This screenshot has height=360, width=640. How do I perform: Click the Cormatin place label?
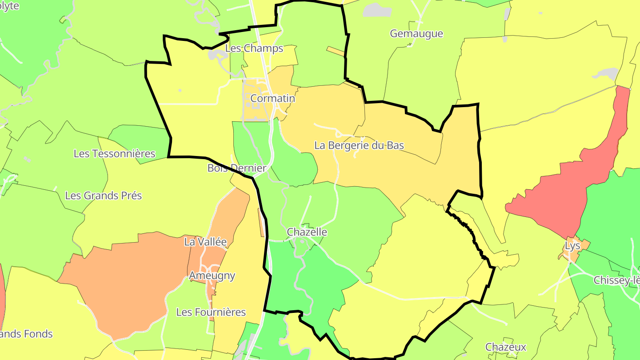pyautogui.click(x=272, y=98)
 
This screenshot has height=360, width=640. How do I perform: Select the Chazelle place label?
pyautogui.click(x=307, y=232)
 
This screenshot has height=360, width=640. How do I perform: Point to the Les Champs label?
pyautogui.click(x=254, y=48)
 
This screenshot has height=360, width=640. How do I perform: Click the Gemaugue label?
pyautogui.click(x=416, y=34)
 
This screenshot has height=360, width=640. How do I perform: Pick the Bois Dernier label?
pyautogui.click(x=237, y=168)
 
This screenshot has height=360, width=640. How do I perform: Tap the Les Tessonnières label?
pyautogui.click(x=114, y=154)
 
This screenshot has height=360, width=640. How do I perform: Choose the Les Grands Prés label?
pyautogui.click(x=103, y=196)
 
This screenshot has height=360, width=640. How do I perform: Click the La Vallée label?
pyautogui.click(x=205, y=242)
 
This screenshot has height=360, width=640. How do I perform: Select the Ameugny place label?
pyautogui.click(x=212, y=276)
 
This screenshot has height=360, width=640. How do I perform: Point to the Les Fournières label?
pyautogui.click(x=211, y=312)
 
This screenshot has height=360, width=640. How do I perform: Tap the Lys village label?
pyautogui.click(x=573, y=246)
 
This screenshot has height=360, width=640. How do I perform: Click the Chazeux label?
pyautogui.click(x=506, y=347)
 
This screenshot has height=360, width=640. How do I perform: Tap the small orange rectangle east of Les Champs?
pyautogui.click(x=336, y=51)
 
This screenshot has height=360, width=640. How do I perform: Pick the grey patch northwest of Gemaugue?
pyautogui.click(x=377, y=10)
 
